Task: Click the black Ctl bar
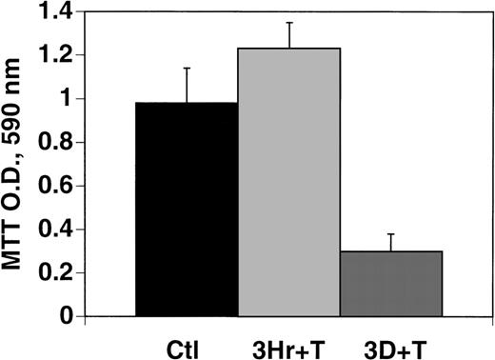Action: click(x=186, y=210)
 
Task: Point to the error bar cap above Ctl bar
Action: click(x=186, y=68)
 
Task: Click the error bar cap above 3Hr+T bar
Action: click(x=288, y=22)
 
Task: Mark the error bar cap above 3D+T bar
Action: click(x=390, y=233)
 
